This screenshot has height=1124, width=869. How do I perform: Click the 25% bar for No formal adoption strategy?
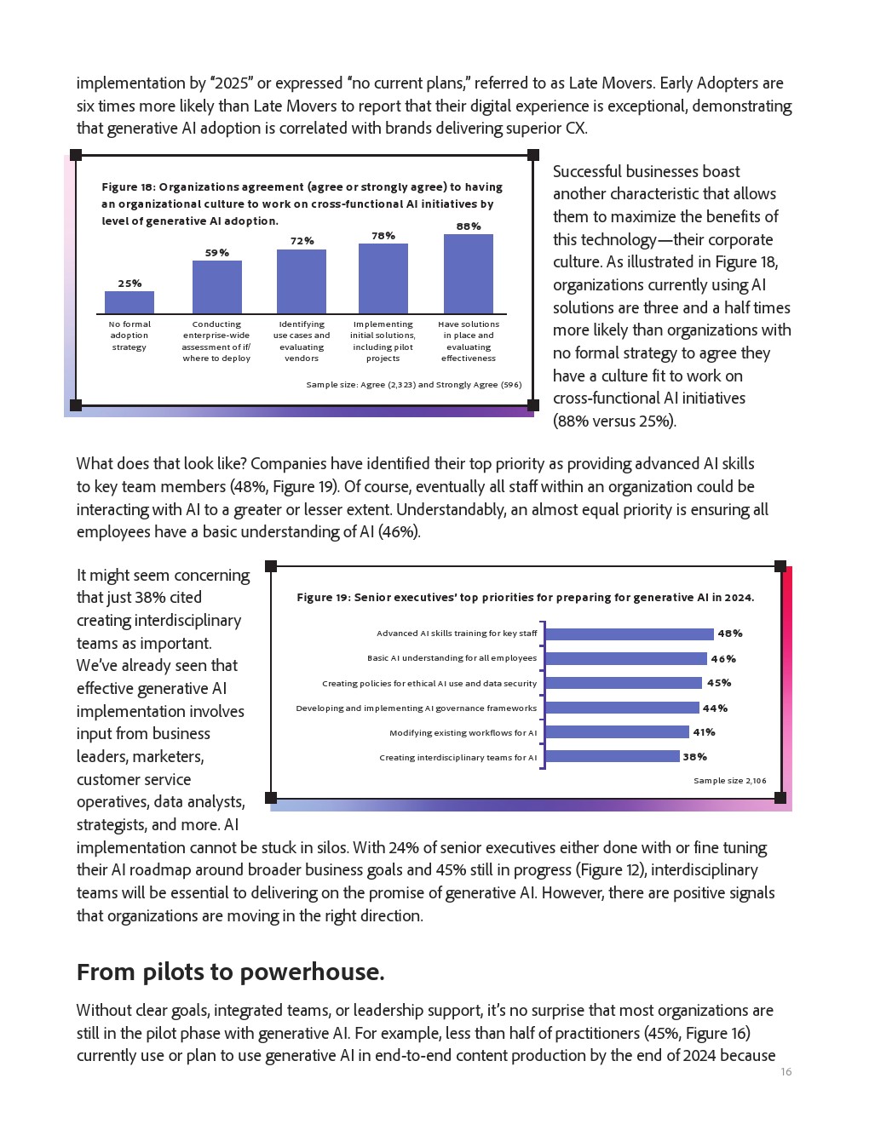click(x=129, y=302)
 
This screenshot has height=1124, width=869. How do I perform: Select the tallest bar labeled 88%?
click(x=469, y=274)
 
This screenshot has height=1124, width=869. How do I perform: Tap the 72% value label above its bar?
click(x=302, y=241)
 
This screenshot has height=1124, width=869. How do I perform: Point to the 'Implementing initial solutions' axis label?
click(x=383, y=341)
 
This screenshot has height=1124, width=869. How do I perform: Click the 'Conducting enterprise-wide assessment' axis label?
click(x=216, y=341)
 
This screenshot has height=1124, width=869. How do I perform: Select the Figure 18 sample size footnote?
click(x=413, y=385)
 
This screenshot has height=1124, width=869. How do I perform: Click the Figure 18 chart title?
click(x=302, y=204)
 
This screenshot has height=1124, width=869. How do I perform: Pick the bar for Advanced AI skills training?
click(x=629, y=634)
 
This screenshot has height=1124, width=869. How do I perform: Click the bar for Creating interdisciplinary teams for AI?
click(x=612, y=757)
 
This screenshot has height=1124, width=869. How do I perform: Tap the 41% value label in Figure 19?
click(x=704, y=732)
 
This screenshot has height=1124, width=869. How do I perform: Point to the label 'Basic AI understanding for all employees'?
click(x=452, y=658)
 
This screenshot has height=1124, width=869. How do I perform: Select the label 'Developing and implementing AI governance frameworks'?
click(x=416, y=708)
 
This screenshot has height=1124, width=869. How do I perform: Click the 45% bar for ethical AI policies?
click(x=623, y=683)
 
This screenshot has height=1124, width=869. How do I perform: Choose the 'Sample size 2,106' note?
click(x=729, y=781)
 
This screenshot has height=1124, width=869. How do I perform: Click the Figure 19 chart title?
click(x=525, y=598)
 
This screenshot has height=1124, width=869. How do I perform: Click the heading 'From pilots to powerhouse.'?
click(x=230, y=972)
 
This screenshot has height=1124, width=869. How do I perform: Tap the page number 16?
click(x=786, y=1072)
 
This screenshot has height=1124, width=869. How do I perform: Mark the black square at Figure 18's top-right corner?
click(x=533, y=155)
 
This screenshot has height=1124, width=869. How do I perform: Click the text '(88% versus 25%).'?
click(x=614, y=421)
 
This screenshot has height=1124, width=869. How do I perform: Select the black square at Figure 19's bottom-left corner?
click(x=271, y=798)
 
